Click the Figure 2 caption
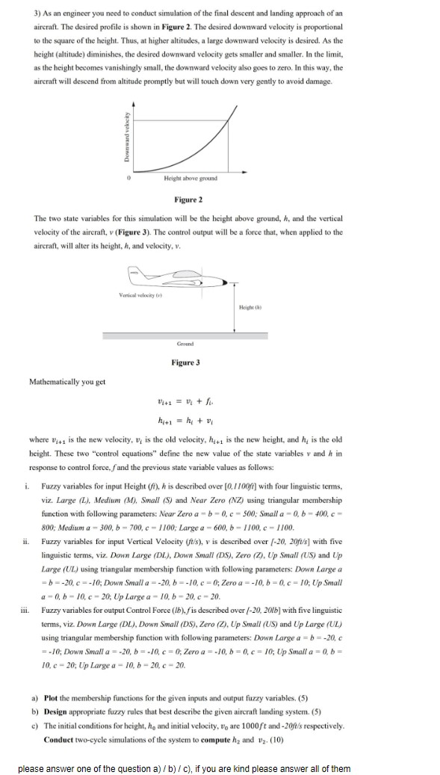[x=187, y=200]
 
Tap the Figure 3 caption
[x=187, y=362]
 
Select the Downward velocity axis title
[x=127, y=142]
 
